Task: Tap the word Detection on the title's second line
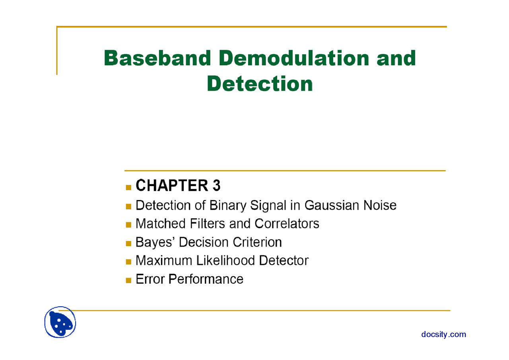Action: point(260,84)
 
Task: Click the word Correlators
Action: point(287,224)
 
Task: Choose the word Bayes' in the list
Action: point(155,242)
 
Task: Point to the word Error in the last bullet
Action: point(150,279)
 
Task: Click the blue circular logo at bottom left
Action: point(60,322)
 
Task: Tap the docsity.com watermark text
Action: point(443,334)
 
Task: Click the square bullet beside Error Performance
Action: point(128,280)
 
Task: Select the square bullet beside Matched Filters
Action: point(128,224)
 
